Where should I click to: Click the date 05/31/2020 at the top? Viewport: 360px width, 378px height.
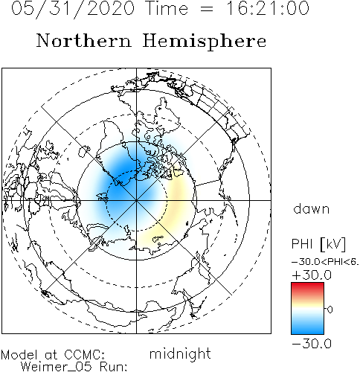pyautogui.click(x=73, y=9)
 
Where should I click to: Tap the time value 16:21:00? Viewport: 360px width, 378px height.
pyautogui.click(x=268, y=8)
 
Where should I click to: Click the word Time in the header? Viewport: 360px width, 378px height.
pyautogui.click(x=167, y=8)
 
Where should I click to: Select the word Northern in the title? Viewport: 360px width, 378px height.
pyautogui.click(x=83, y=40)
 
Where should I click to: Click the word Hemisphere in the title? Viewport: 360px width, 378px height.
pyautogui.click(x=205, y=42)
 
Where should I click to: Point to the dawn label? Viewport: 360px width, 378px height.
pyautogui.click(x=312, y=208)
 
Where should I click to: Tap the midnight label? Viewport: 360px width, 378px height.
pyautogui.click(x=180, y=353)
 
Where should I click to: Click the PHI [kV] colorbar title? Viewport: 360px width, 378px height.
pyautogui.click(x=318, y=244)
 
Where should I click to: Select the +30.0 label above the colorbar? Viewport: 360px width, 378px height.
pyautogui.click(x=312, y=275)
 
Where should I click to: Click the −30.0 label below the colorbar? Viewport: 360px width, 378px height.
pyautogui.click(x=312, y=344)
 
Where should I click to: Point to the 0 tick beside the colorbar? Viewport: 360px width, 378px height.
pyautogui.click(x=330, y=310)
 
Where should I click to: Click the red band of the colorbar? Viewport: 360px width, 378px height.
pyautogui.click(x=307, y=289)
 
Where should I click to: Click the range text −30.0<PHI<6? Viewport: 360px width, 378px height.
pyautogui.click(x=325, y=262)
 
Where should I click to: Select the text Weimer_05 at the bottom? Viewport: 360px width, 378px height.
pyautogui.click(x=56, y=367)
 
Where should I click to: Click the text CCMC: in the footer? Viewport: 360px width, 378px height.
pyautogui.click(x=84, y=354)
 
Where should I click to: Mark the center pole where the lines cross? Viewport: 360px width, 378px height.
pyautogui.click(x=136, y=200)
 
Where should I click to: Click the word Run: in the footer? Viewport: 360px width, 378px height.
pyautogui.click(x=113, y=367)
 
